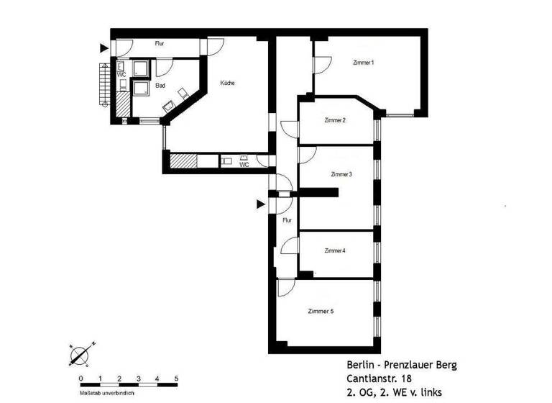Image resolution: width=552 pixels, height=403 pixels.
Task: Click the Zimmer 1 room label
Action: click(x=364, y=63)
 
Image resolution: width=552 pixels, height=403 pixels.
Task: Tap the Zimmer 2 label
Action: click(x=336, y=120)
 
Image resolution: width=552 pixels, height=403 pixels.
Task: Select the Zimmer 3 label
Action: click(x=341, y=175)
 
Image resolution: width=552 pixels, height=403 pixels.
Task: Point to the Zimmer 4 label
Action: click(x=335, y=251)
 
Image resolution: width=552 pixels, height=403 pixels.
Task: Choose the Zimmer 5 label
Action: click(x=320, y=312)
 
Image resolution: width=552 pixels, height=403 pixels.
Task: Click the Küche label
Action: click(x=228, y=83)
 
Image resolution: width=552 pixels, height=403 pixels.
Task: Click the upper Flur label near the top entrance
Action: click(x=159, y=44)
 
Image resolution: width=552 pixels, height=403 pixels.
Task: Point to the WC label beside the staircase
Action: click(x=122, y=74)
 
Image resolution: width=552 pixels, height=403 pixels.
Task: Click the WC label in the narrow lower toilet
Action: click(x=244, y=164)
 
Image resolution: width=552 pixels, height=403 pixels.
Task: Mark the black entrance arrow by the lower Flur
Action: click(x=262, y=205)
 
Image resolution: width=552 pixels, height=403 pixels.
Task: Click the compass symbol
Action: click(x=80, y=353)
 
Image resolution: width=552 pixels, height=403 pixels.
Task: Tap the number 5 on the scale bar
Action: click(x=176, y=379)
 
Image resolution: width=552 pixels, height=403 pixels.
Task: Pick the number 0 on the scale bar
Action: click(x=80, y=379)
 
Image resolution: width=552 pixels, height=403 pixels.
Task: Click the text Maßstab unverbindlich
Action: click(x=106, y=393)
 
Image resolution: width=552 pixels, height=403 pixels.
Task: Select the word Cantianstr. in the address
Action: click(x=365, y=379)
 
